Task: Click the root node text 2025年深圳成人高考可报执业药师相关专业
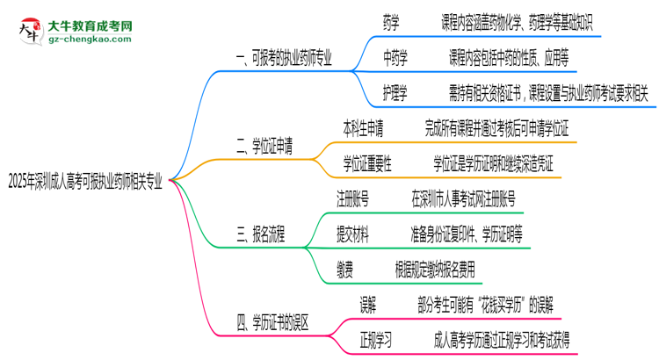coord(86,182)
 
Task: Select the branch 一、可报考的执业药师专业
coord(284,59)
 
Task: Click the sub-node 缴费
coord(345,267)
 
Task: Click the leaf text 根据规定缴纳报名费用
coord(445,267)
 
